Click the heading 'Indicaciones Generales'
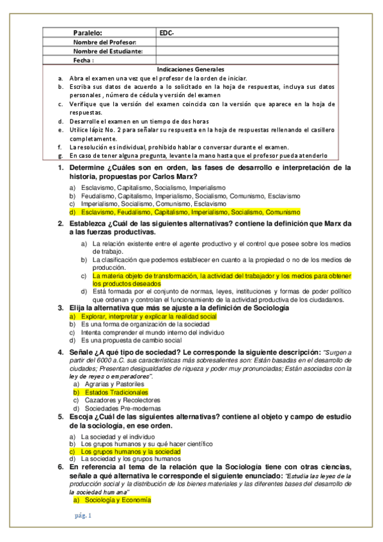click(x=191, y=69)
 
